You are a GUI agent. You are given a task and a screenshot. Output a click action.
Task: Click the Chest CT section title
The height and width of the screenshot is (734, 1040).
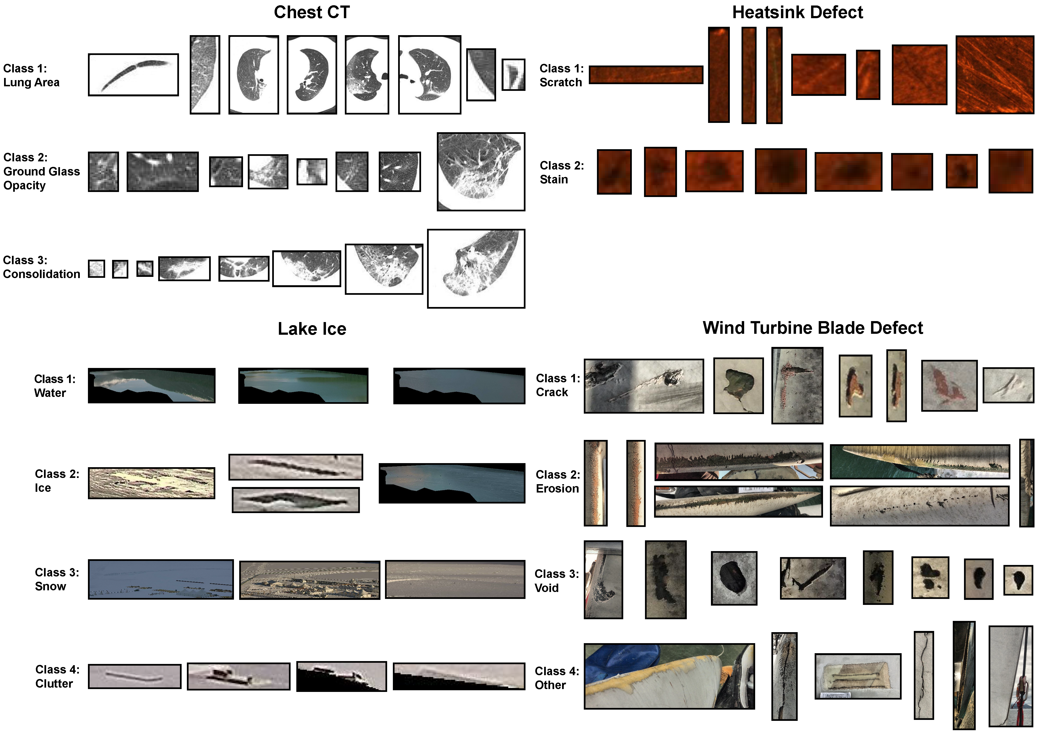[312, 12]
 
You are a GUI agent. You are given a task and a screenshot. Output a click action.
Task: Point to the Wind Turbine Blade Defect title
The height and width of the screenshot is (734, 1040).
[812, 328]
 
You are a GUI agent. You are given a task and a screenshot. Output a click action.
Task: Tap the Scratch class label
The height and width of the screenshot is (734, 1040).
[561, 75]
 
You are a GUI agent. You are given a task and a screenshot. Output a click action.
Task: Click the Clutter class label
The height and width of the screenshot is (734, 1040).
[57, 676]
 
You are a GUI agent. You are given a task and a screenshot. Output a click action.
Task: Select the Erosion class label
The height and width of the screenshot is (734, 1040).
[558, 481]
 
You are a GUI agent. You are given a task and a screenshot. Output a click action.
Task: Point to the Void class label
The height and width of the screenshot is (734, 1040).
[557, 581]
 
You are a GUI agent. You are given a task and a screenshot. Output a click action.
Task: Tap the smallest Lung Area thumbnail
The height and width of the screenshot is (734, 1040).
[513, 75]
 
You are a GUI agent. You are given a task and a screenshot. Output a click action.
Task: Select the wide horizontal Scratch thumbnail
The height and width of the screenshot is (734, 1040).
[646, 75]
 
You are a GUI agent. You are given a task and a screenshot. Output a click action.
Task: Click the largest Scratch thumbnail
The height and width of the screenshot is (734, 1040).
[995, 75]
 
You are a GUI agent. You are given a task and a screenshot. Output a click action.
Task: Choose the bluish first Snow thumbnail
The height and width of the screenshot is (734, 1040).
[161, 580]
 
